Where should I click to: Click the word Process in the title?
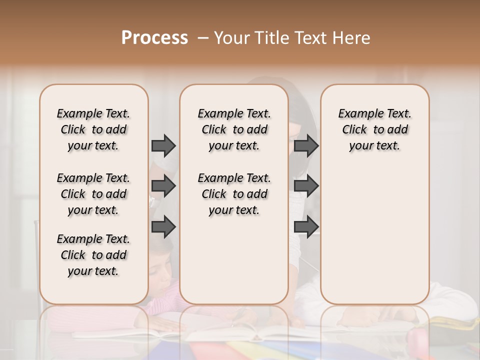(154, 38)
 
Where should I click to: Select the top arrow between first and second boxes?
(163, 145)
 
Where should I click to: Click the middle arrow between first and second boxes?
(163, 186)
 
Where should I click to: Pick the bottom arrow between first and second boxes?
(163, 227)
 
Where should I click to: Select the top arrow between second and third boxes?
(306, 145)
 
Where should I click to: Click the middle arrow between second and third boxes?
(306, 186)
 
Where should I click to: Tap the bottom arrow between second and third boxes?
(306, 227)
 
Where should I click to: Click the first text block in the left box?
(93, 129)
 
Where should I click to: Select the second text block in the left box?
(93, 194)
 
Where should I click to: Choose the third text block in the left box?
(93, 255)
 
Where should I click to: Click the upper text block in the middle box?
(234, 129)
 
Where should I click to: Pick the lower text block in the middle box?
(234, 194)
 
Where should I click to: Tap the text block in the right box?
(374, 129)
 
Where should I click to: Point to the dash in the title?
(203, 38)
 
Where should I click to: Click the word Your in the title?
(230, 38)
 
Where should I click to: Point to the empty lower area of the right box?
(374, 235)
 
